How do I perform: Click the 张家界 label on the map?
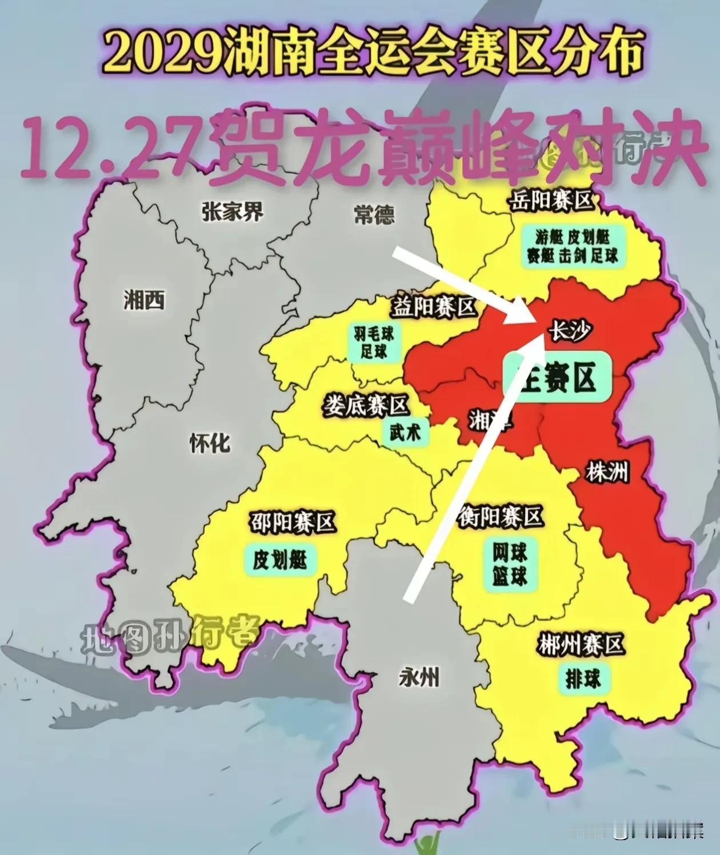(233, 212)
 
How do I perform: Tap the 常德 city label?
(374, 215)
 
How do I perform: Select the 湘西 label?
(144, 299)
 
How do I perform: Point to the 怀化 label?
(210, 442)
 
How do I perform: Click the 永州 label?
(419, 678)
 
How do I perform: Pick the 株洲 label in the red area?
(606, 472)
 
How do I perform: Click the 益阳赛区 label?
(434, 308)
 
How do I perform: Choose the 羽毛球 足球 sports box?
(374, 342)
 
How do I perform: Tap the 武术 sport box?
(405, 432)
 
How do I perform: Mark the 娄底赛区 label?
(366, 406)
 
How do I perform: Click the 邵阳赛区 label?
(292, 522)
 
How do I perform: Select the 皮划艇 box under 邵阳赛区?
(280, 560)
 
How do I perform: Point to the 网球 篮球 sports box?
(509, 564)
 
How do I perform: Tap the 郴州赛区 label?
(579, 646)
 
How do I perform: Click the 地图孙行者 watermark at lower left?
(170, 633)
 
